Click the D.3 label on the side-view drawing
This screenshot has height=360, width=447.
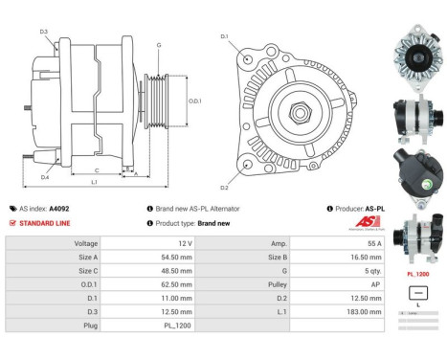pyautogui.click(x=44, y=32)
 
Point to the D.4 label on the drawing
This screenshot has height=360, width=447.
pyautogui.click(x=45, y=176)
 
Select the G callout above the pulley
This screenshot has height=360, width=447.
pyautogui.click(x=158, y=46)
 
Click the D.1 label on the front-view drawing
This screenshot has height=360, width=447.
pyautogui.click(x=224, y=36)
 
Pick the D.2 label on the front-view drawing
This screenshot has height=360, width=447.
pyautogui.click(x=224, y=187)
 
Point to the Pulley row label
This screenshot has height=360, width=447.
pyautogui.click(x=279, y=283)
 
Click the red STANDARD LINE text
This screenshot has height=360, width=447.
pyautogui.click(x=45, y=222)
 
